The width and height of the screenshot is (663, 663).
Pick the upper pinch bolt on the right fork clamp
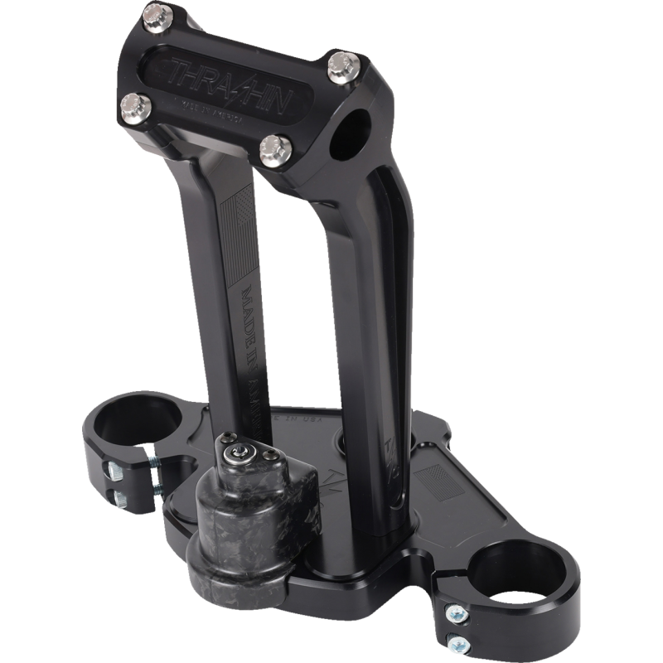coord(456,613)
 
